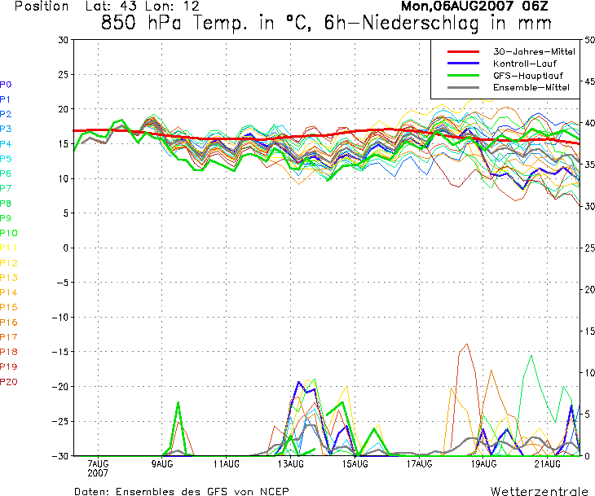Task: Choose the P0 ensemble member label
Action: [x=6, y=84]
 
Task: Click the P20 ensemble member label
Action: [x=8, y=382]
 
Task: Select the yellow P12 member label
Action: [x=8, y=263]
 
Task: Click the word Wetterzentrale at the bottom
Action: [x=540, y=491]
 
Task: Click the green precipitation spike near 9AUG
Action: [x=178, y=404]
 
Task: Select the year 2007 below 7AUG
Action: [x=98, y=473]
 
